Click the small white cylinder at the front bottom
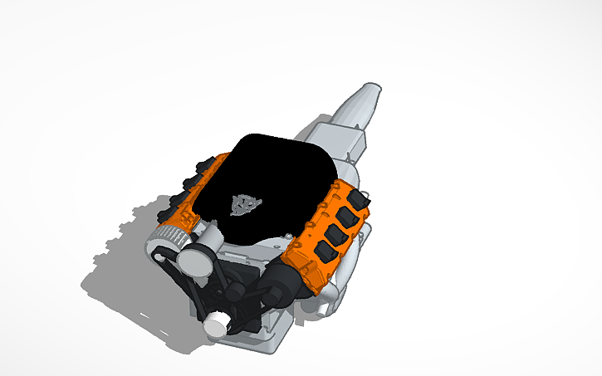click(x=217, y=325)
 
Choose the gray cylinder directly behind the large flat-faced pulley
click(x=213, y=246)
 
